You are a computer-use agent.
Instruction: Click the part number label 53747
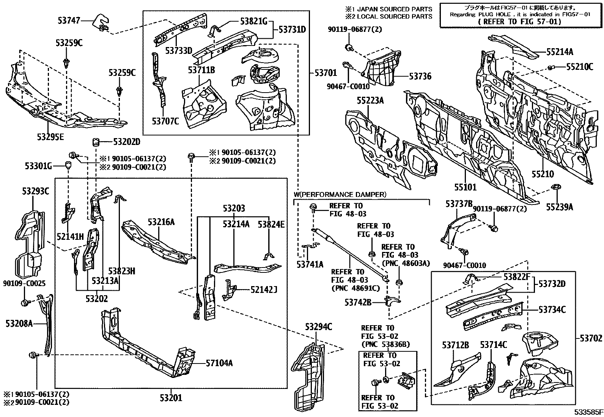69,20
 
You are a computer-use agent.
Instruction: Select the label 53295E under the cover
50,137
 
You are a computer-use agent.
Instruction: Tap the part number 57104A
219,363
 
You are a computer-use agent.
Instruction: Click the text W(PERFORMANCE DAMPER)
340,194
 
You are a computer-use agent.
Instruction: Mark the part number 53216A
161,222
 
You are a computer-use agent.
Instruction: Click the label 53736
420,76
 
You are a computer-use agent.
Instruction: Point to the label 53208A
19,323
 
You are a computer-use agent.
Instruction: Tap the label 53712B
455,345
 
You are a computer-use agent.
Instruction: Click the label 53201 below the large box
171,398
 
